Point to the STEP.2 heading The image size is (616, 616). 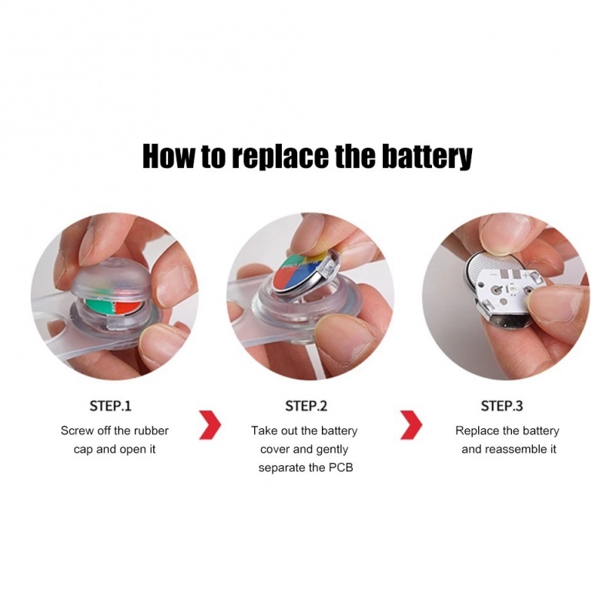pyautogui.click(x=306, y=406)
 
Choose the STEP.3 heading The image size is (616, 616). pyautogui.click(x=502, y=406)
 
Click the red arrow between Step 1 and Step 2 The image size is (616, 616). pyautogui.click(x=210, y=425)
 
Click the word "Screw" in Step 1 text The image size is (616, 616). pyautogui.click(x=77, y=430)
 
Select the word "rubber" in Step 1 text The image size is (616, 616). pyautogui.click(x=150, y=430)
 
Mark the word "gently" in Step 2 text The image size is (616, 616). pyautogui.click(x=330, y=449)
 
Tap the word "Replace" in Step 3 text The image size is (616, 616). pyautogui.click(x=477, y=430)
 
